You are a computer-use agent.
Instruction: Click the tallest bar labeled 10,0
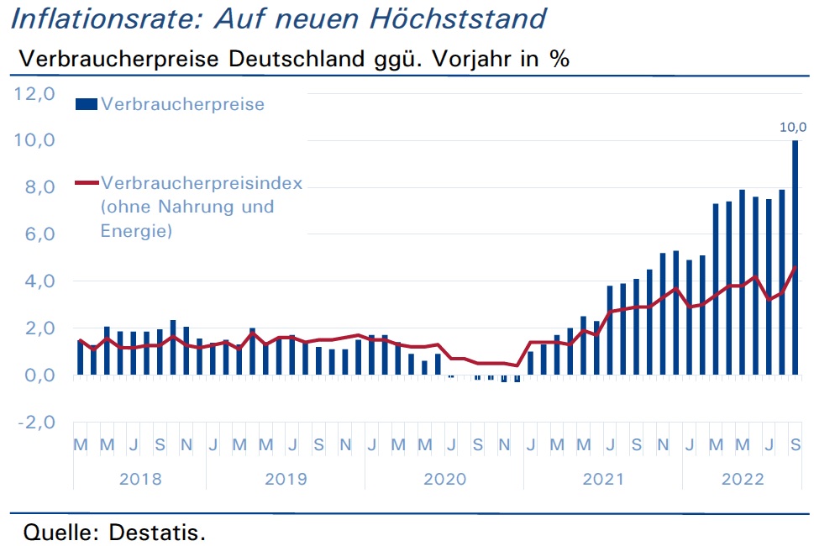795,257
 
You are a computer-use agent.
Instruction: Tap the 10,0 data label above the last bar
793,127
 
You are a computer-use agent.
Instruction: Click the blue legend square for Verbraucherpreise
87,104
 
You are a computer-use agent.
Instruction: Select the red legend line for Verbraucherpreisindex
87,182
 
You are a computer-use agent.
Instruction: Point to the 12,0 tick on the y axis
34,94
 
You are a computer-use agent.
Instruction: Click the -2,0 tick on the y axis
36,422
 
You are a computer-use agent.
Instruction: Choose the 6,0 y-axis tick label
40,234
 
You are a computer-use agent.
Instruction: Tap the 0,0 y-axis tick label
40,375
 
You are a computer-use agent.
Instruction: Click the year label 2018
140,479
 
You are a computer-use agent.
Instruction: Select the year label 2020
445,479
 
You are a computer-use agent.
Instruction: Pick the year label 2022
743,479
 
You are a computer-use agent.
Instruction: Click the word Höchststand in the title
458,18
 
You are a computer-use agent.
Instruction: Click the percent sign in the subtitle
559,59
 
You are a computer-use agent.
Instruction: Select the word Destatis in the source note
157,532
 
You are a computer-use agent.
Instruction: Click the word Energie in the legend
136,231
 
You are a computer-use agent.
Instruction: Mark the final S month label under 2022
795,445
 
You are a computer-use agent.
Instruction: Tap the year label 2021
603,479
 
